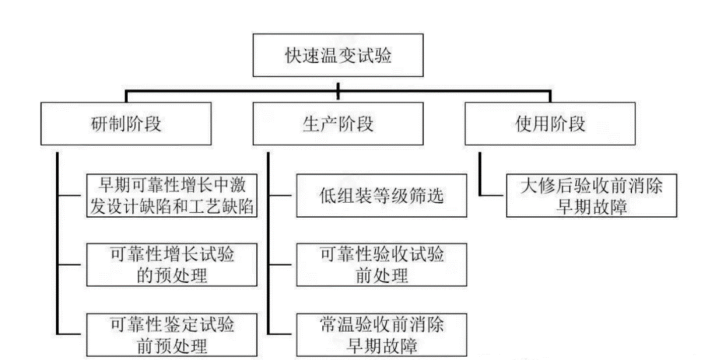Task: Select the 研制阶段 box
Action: pyautogui.click(x=126, y=124)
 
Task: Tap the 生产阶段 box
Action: pyautogui.click(x=338, y=124)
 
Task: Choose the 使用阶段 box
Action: pyautogui.click(x=550, y=124)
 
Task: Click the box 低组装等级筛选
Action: pyautogui.click(x=382, y=195)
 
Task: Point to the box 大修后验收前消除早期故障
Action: pyautogui.click(x=591, y=195)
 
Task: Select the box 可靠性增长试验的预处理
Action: pyautogui.click(x=171, y=265)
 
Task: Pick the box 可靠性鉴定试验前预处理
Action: pyautogui.click(x=171, y=335)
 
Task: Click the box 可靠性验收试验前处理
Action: pyautogui.click(x=382, y=265)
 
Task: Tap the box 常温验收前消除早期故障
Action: pyautogui.click(x=382, y=333)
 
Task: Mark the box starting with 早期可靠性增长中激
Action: pyautogui.click(x=171, y=195)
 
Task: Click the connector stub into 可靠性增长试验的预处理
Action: pyautogui.click(x=71, y=265)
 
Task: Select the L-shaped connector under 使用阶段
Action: pyautogui.click(x=482, y=175)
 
